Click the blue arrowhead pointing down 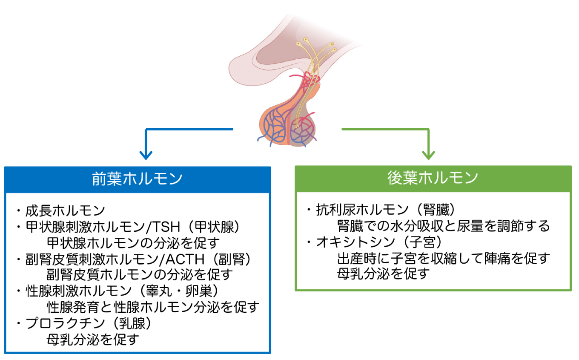pyautogui.click(x=146, y=156)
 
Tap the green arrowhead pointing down pyautogui.click(x=428, y=156)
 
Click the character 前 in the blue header pyautogui.click(x=99, y=179)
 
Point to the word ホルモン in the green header pyautogui.click(x=448, y=178)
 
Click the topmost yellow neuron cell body pyautogui.click(x=306, y=40)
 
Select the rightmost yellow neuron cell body pyautogui.click(x=334, y=49)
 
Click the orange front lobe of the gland pyautogui.click(x=272, y=126)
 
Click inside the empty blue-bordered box pyautogui.click(x=138, y=273)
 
